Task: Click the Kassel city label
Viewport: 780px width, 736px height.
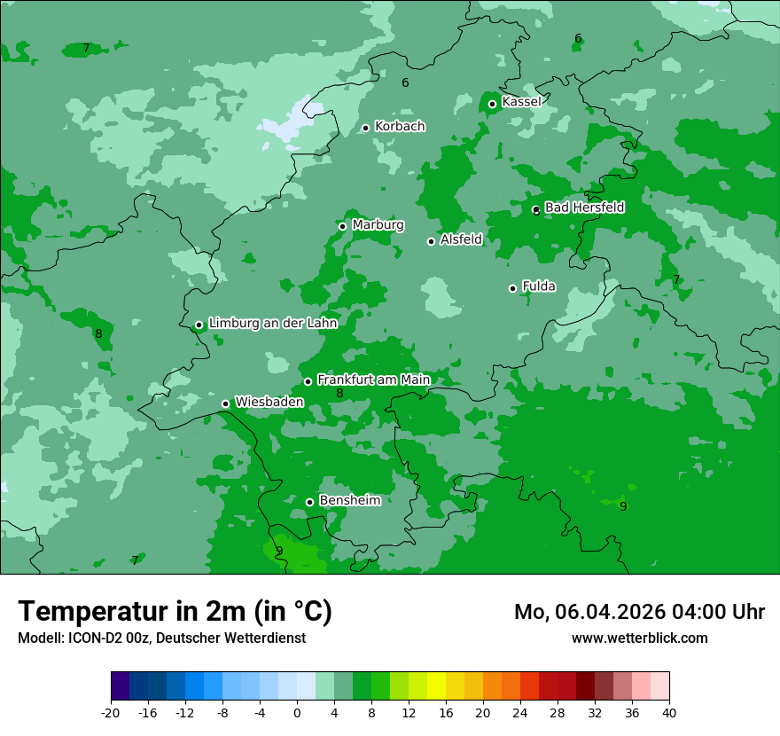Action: pyautogui.click(x=521, y=102)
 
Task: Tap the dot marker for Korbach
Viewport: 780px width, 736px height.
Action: pyautogui.click(x=365, y=128)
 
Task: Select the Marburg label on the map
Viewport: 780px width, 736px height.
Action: pyautogui.click(x=378, y=225)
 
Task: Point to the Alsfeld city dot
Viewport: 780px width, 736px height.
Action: pyautogui.click(x=432, y=241)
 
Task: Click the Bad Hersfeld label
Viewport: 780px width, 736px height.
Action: pyautogui.click(x=584, y=207)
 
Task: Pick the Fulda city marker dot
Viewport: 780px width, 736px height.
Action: pyautogui.click(x=512, y=288)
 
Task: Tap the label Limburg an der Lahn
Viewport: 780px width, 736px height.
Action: pyautogui.click(x=272, y=324)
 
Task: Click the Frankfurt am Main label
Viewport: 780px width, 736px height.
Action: pyautogui.click(x=373, y=380)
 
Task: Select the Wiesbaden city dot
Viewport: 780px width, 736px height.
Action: pyautogui.click(x=225, y=403)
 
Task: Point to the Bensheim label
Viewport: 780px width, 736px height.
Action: pyautogui.click(x=349, y=500)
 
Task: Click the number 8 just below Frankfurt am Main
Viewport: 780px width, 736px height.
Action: pyautogui.click(x=339, y=394)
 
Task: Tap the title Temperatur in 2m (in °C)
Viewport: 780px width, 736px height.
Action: pyautogui.click(x=175, y=611)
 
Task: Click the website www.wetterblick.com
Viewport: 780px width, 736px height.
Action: pyautogui.click(x=639, y=638)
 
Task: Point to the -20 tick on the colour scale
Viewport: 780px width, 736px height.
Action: pyautogui.click(x=111, y=713)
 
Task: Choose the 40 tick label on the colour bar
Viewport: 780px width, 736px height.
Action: pyautogui.click(x=669, y=713)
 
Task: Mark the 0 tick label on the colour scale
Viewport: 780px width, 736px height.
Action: pyautogui.click(x=297, y=713)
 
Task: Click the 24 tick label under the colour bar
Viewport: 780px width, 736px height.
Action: pyautogui.click(x=520, y=713)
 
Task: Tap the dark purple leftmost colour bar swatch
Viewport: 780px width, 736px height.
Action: pyautogui.click(x=120, y=686)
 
